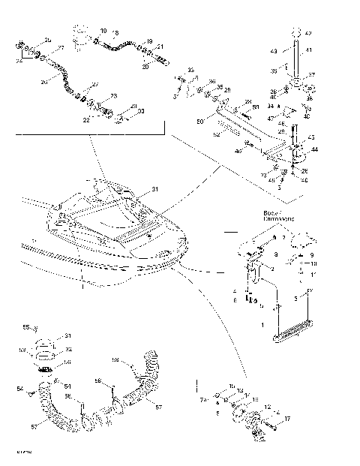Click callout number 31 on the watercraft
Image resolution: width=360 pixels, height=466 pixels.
tap(155, 189)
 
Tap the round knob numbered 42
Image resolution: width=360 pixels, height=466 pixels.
tap(295, 33)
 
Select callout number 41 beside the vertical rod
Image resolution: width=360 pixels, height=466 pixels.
tap(308, 50)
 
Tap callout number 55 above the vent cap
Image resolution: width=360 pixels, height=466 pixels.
tap(45, 328)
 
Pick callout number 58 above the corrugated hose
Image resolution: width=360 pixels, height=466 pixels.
tap(136, 359)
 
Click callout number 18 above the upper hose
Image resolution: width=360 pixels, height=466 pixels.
tap(150, 41)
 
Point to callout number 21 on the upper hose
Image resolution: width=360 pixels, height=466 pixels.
tap(160, 47)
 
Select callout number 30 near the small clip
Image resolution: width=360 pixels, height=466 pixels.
tap(142, 110)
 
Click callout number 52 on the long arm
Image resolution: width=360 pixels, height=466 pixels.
tap(216, 135)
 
